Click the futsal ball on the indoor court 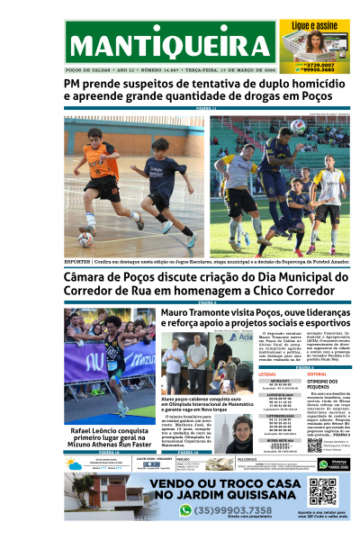pyautogui.click(x=85, y=238)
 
